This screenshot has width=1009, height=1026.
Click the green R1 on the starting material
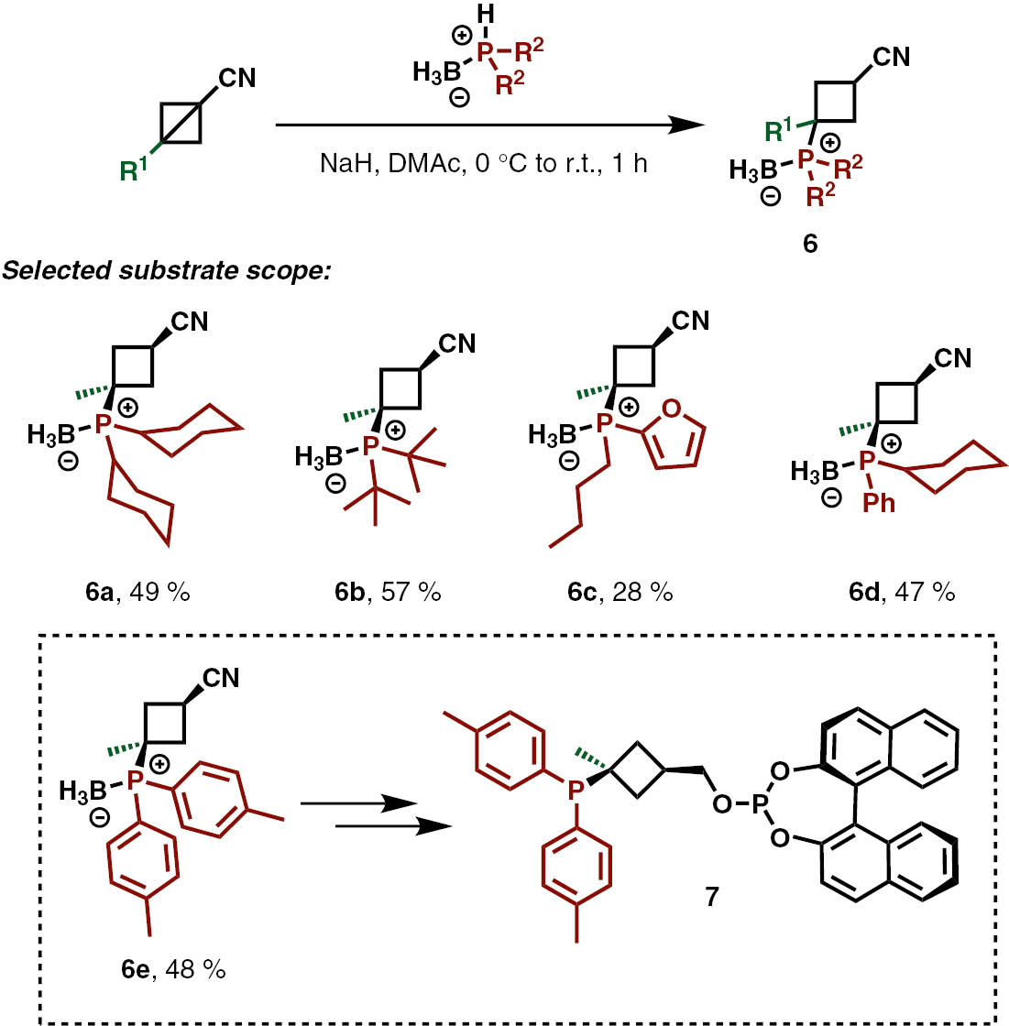click(x=135, y=169)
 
